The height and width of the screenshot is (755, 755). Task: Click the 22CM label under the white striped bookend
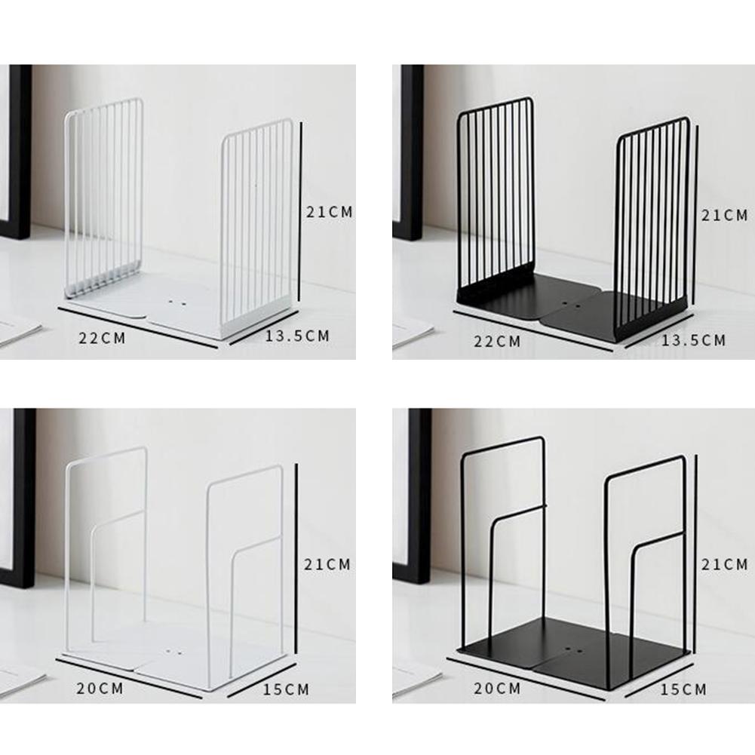pos(102,338)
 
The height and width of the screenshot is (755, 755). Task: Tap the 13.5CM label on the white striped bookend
pos(298,336)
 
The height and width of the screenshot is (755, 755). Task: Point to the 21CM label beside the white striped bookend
pos(330,212)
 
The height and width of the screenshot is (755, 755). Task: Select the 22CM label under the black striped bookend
pos(497,342)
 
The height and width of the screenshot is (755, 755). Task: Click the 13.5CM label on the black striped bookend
pos(693,340)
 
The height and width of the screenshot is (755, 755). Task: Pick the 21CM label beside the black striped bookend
pos(725,215)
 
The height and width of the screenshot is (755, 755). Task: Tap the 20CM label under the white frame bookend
pos(100,689)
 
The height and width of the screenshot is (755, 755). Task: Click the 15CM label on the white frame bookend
pos(286,689)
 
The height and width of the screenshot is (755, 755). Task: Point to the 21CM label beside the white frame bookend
pos(327,564)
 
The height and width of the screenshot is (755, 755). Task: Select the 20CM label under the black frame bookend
pos(497,689)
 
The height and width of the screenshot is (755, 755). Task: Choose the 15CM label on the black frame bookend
pos(683,689)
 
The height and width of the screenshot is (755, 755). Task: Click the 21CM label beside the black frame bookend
pos(725,564)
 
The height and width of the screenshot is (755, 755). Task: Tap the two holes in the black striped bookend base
pos(572,305)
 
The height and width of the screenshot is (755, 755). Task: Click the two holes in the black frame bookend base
pos(573,651)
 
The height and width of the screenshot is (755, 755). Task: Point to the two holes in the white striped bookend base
pos(176,303)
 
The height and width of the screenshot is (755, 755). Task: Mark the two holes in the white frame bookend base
pos(173,652)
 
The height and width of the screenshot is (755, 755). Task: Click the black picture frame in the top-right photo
pos(409,152)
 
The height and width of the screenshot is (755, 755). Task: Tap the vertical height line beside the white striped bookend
pos(300,211)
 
